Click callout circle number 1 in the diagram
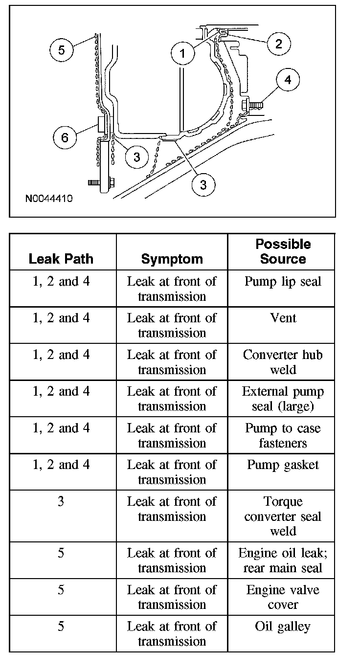coord(183,53)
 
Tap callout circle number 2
coord(278,44)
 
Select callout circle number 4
coord(288,80)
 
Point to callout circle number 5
coord(61,50)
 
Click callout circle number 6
coord(65,137)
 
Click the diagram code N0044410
coord(49,199)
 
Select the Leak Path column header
coord(61,259)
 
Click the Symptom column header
coord(172,259)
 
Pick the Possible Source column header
coord(283,251)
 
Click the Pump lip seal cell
coord(283,282)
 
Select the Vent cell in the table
coord(283,318)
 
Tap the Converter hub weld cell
coord(283,362)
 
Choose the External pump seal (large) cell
coord(283,399)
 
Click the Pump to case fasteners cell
coord(283,435)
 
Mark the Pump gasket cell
coord(283,465)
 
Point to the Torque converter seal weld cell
coord(283,516)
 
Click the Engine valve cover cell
coord(283,597)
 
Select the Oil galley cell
coord(283,627)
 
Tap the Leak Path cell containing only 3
coord(61,502)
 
